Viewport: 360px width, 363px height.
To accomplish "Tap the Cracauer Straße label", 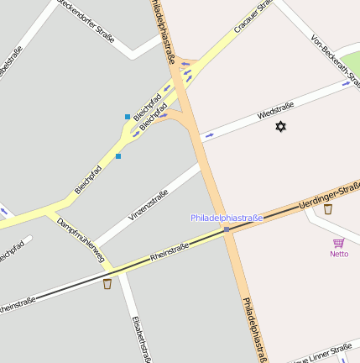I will tap(254, 16).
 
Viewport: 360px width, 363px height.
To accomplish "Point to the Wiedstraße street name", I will tap(275, 110).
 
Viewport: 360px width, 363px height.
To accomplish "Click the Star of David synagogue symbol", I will tap(280, 126).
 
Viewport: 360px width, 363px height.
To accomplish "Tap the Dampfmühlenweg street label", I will tap(80, 240).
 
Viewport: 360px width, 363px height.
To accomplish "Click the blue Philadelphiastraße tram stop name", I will tap(227, 218).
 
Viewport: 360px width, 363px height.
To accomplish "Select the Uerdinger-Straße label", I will tap(329, 197).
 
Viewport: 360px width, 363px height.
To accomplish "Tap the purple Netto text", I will tap(339, 254).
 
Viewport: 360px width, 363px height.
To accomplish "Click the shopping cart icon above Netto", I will tap(339, 242).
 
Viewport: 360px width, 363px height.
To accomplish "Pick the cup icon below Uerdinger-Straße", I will tap(327, 209).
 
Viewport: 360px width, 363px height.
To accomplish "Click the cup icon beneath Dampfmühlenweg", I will tap(107, 284).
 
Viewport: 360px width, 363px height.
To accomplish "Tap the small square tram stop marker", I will tap(227, 229).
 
